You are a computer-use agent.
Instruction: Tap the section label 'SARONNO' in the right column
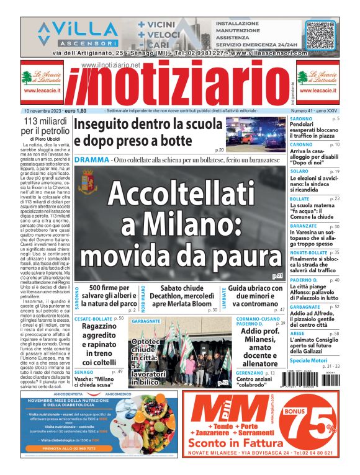301,118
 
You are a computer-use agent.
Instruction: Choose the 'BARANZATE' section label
304,226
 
